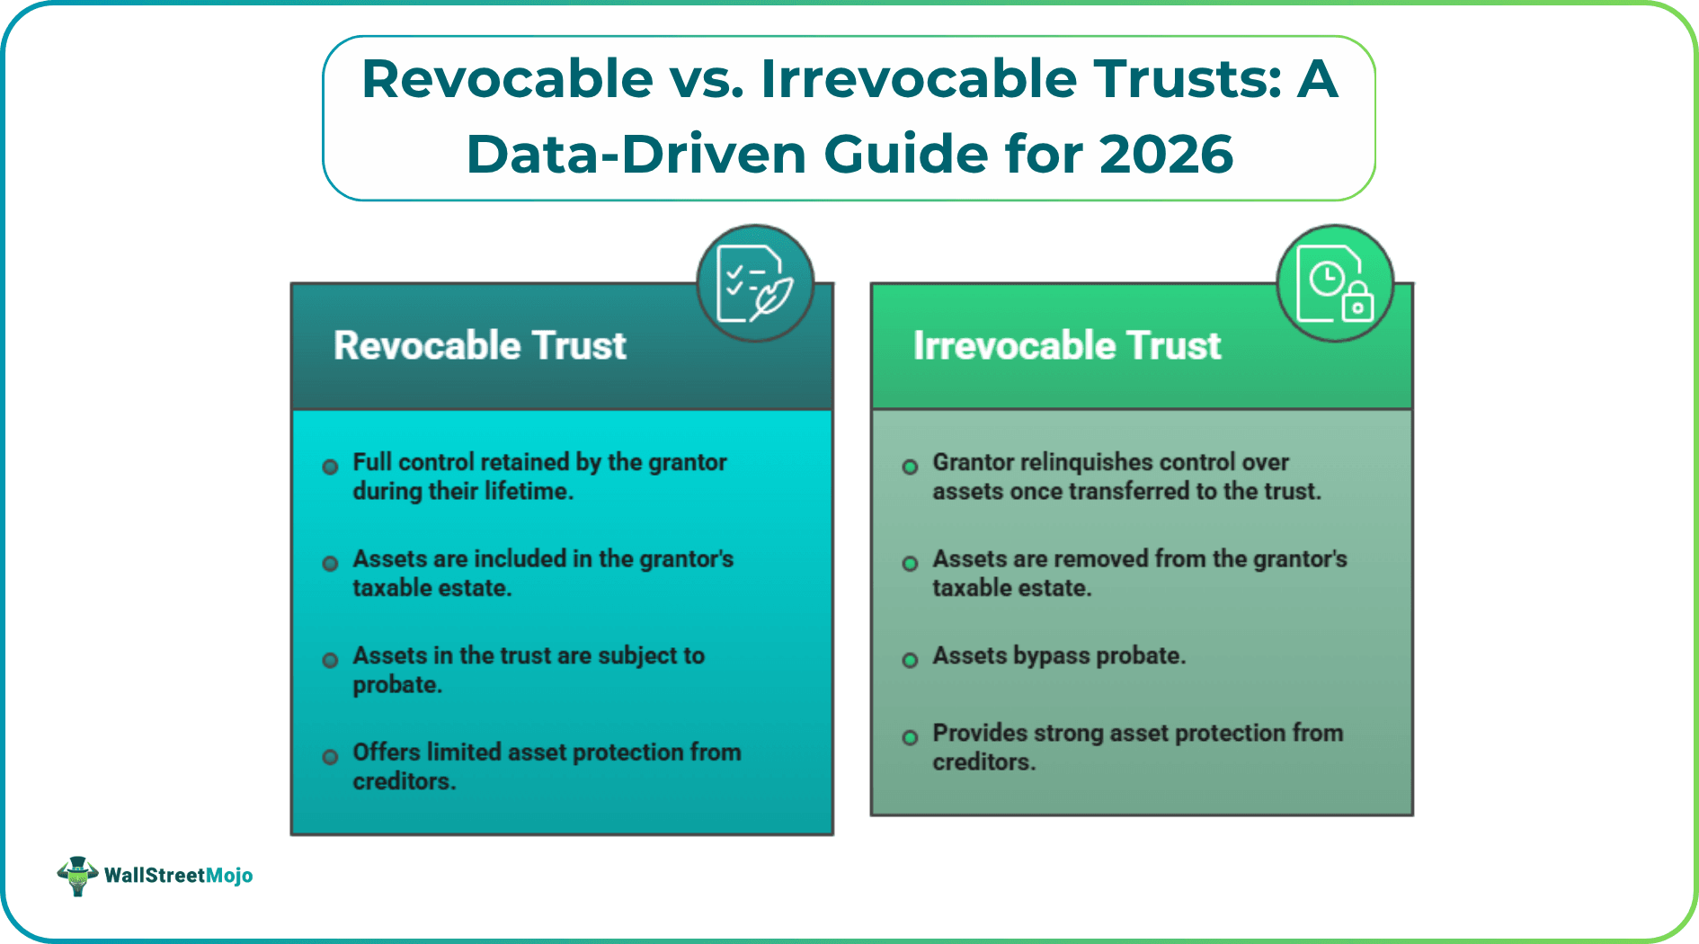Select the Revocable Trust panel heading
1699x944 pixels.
pos(479,346)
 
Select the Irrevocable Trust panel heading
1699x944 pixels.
pos(1066,346)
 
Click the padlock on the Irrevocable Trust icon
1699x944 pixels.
pos(1357,303)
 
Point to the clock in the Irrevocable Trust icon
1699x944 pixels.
pos(1327,279)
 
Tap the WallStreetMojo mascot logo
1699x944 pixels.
pos(78,875)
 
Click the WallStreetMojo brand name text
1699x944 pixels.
pos(178,876)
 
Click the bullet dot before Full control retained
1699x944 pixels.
pos(330,467)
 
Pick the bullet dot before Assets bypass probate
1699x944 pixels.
pos(910,660)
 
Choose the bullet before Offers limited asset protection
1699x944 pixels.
pos(330,757)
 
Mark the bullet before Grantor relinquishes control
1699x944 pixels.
pos(910,467)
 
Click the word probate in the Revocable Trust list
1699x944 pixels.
pos(396,686)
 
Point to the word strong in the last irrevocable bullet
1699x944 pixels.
pos(1069,734)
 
